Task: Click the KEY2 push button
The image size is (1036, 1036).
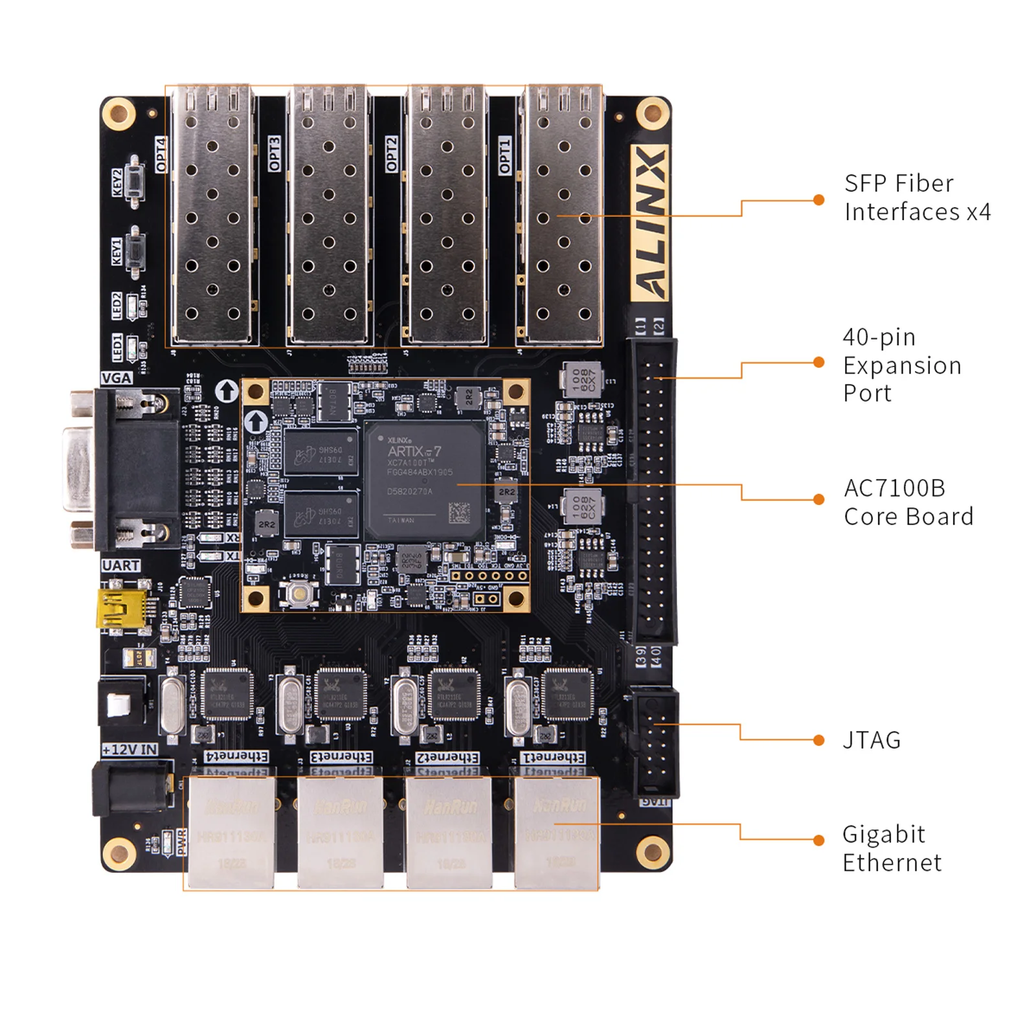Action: point(135,182)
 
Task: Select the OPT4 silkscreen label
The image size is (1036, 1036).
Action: point(161,155)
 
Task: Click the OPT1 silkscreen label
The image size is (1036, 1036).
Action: point(504,155)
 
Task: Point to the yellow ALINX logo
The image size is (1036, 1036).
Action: point(649,223)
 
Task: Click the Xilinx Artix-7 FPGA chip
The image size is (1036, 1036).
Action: point(424,480)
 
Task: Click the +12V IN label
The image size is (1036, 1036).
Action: point(130,749)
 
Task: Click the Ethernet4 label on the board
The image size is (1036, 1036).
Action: point(236,756)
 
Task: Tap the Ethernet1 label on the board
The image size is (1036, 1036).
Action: point(553,757)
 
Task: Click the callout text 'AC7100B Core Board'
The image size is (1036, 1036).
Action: point(908,502)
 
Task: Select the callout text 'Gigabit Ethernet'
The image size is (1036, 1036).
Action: point(891,848)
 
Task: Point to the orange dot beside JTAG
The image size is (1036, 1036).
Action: point(819,740)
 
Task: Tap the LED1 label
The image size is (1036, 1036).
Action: point(117,348)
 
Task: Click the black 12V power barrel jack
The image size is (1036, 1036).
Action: point(133,787)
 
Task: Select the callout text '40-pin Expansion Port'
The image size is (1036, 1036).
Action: point(901,365)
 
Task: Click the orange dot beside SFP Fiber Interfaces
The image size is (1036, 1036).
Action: point(819,200)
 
